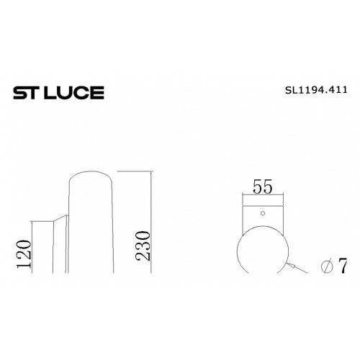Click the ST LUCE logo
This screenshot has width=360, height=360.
[58, 93]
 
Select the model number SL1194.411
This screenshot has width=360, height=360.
[316, 90]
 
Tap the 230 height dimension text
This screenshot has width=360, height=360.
[143, 246]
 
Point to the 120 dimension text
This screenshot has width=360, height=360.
[24, 253]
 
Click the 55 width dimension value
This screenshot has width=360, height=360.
[263, 186]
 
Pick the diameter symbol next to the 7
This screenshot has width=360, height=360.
[327, 266]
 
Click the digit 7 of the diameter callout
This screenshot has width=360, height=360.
[343, 266]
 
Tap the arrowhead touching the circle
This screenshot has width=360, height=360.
[291, 265]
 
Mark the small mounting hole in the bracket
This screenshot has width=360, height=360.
[263, 213]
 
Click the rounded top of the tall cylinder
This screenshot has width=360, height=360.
[90, 171]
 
